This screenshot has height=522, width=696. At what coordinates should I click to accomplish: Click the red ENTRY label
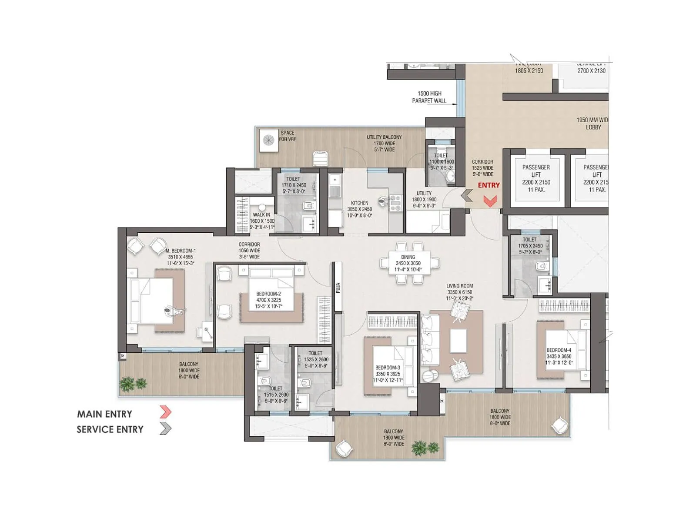tap(489, 185)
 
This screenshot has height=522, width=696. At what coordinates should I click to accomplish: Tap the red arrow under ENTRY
tap(490, 201)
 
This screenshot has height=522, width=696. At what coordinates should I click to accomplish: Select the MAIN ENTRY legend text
tap(104, 414)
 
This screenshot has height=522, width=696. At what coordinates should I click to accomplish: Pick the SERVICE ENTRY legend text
tap(110, 430)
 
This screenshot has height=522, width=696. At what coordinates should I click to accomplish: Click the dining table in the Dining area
tap(408, 263)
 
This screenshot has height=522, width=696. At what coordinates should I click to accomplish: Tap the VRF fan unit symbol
tap(269, 140)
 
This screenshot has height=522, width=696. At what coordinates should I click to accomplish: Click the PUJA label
tap(338, 288)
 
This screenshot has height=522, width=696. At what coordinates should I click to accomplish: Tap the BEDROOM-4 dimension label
tap(559, 356)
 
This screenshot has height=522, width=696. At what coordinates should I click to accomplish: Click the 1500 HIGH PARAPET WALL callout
tap(429, 97)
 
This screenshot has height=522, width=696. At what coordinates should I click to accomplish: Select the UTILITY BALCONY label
tap(384, 143)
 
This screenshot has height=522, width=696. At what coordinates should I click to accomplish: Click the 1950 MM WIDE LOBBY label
tap(592, 124)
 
